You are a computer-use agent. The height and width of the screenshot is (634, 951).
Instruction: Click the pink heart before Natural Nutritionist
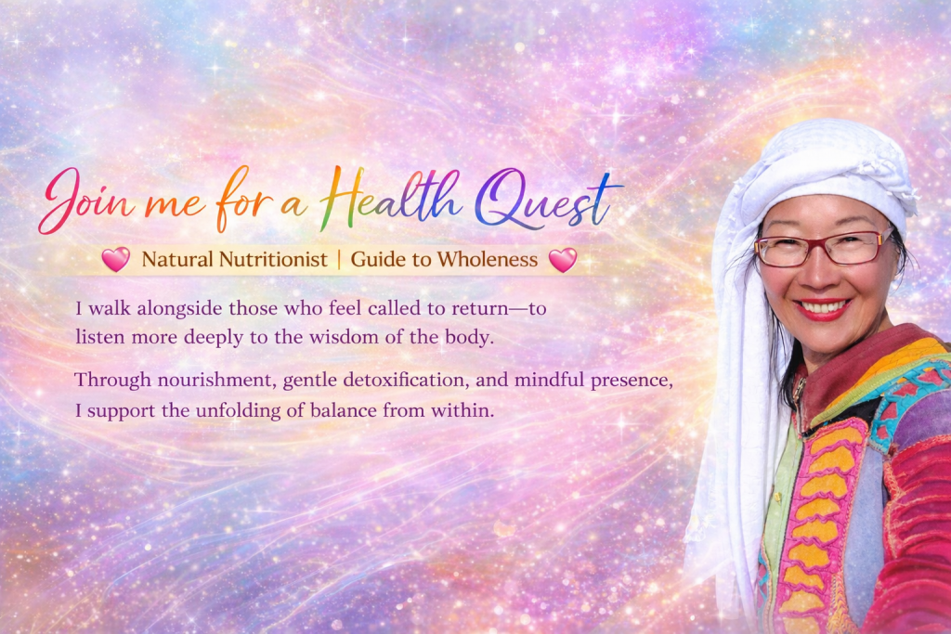[x=116, y=259]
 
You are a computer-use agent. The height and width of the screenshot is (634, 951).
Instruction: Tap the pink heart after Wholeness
[x=563, y=259]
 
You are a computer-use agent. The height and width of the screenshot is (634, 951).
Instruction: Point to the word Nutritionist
[x=273, y=259]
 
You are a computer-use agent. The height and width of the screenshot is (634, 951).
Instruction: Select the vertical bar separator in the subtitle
[x=339, y=259]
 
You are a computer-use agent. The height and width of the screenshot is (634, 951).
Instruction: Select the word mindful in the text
[x=550, y=380]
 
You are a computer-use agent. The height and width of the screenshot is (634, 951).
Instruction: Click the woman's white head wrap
[x=813, y=182]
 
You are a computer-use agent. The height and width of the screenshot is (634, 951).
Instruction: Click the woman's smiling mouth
[x=822, y=308]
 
